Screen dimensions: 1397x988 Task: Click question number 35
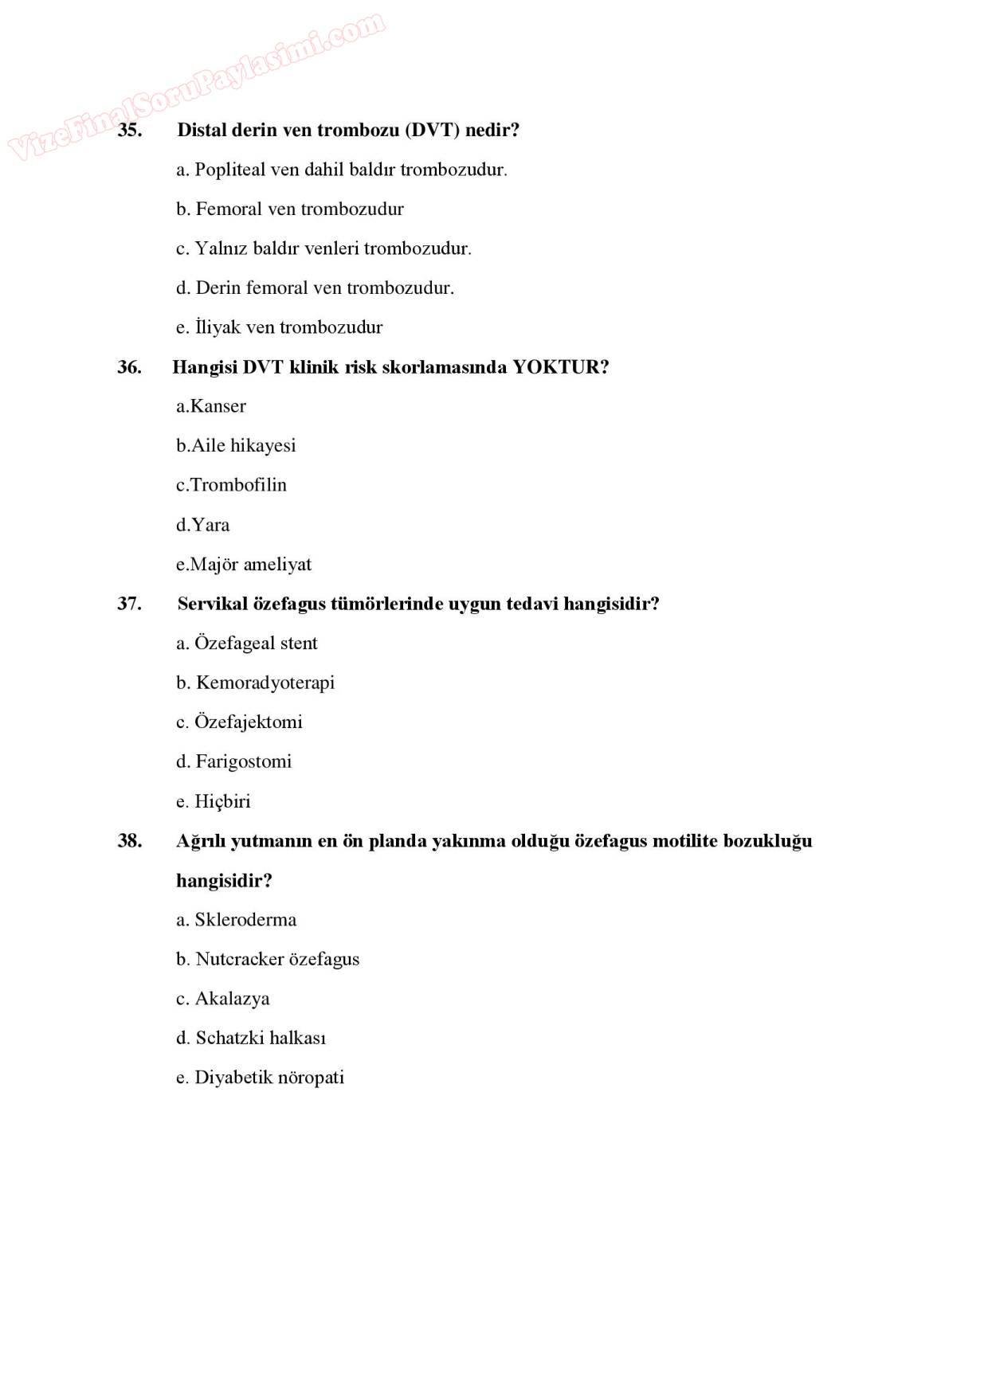pyautogui.click(x=130, y=130)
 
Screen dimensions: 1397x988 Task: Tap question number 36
pyautogui.click(x=129, y=367)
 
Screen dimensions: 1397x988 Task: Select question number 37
pyautogui.click(x=129, y=604)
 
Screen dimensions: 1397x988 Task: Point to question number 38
pyautogui.click(x=130, y=841)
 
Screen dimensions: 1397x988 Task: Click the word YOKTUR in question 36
pyautogui.click(x=560, y=367)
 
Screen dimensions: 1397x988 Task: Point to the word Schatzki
pyautogui.click(x=230, y=1038)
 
